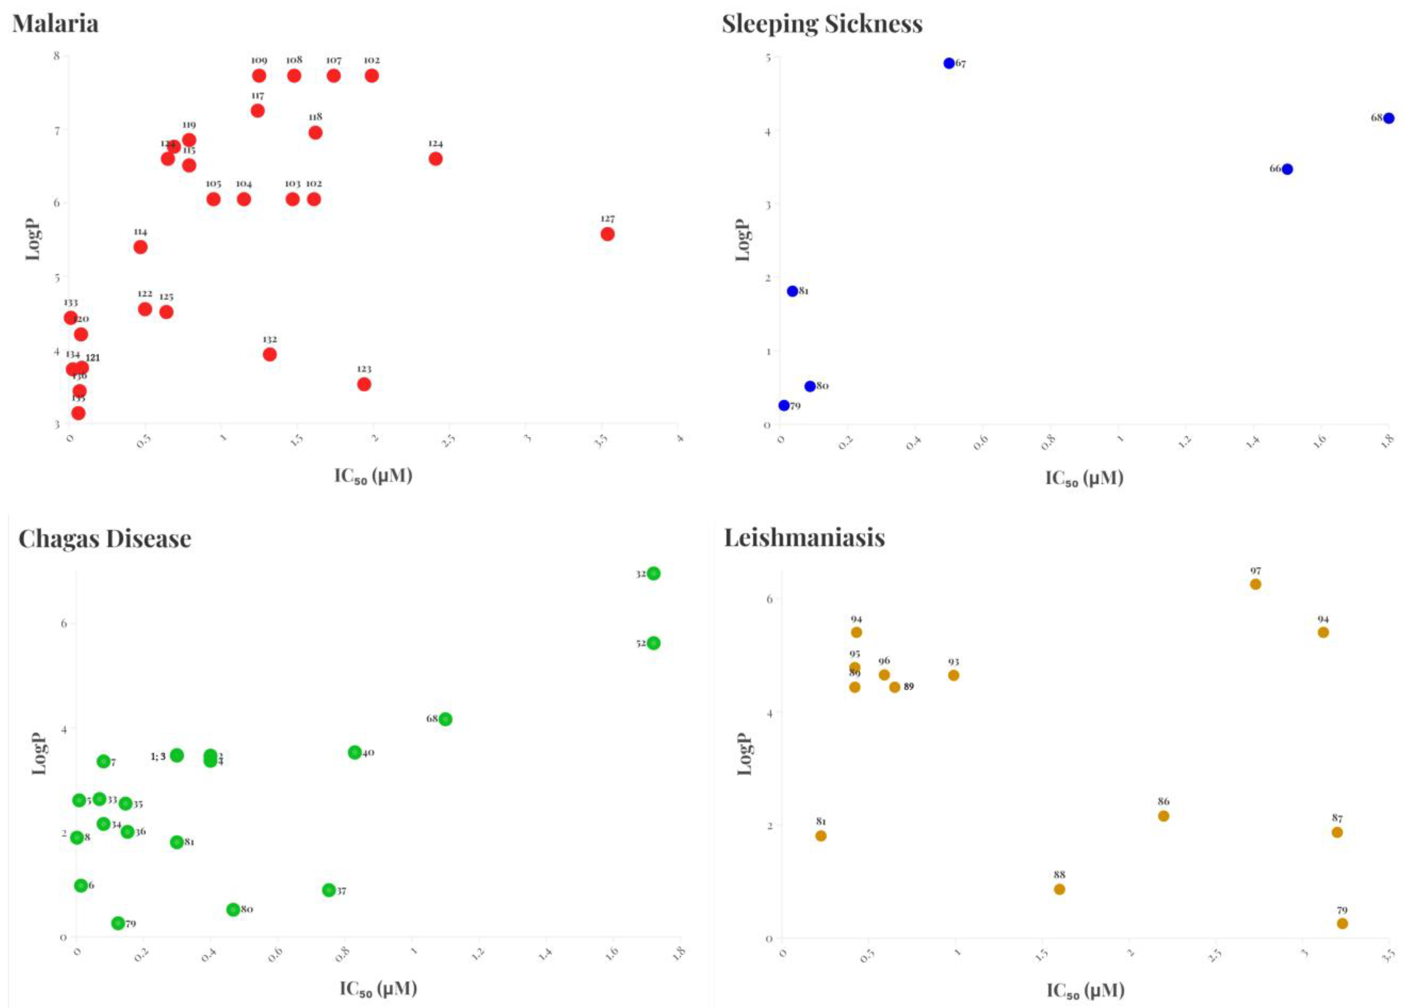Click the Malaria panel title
point(55,23)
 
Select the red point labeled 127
point(607,234)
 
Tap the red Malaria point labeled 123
point(364,384)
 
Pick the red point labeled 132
point(269,354)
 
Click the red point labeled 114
point(141,247)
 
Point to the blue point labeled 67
point(949,63)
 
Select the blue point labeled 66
point(1287,169)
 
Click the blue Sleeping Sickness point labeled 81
point(792,291)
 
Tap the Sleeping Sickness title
point(822,23)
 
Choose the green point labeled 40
point(355,752)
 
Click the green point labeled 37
point(329,890)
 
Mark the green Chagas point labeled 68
point(445,719)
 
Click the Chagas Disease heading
point(104,538)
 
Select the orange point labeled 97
point(1255,584)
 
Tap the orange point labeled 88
point(1059,889)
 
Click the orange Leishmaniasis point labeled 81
point(821,836)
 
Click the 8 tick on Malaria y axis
point(57,56)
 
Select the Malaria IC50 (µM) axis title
point(373,476)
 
